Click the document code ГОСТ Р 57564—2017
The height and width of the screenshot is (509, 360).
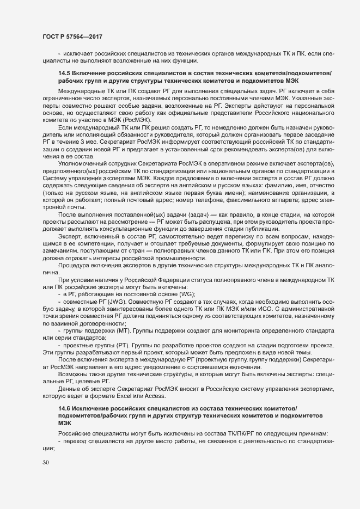pyautogui.click(x=72, y=36)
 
